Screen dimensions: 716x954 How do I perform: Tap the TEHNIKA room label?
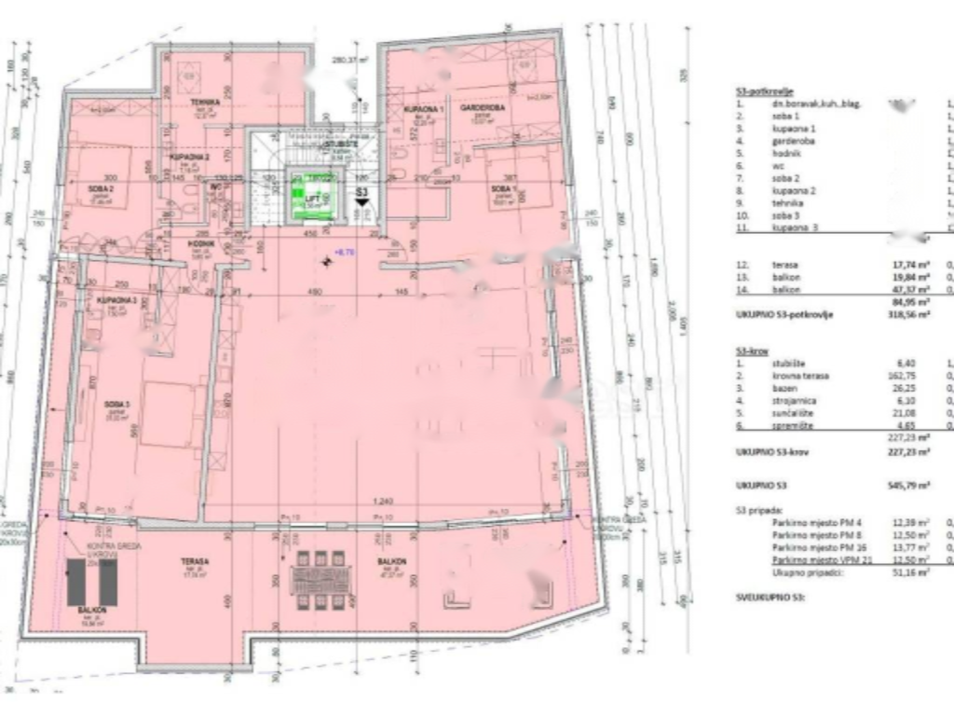click(x=205, y=102)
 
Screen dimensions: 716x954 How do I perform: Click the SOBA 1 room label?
click(x=504, y=188)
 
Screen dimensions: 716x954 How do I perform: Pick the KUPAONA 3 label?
click(x=117, y=300)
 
